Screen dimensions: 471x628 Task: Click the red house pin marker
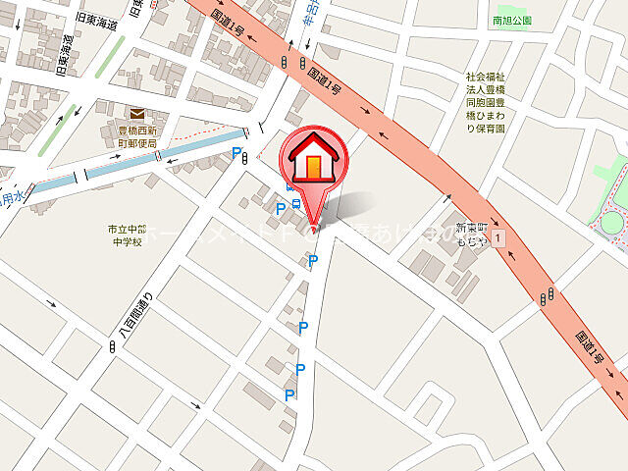click(313, 163)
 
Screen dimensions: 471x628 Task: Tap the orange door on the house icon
click(313, 168)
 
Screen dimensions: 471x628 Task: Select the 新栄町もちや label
click(470, 232)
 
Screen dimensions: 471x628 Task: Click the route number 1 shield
click(499, 237)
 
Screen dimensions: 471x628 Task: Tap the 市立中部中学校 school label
click(127, 235)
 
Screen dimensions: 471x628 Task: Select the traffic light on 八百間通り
click(110, 347)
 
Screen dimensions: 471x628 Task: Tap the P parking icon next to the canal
click(235, 153)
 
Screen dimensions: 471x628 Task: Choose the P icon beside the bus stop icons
click(281, 208)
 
